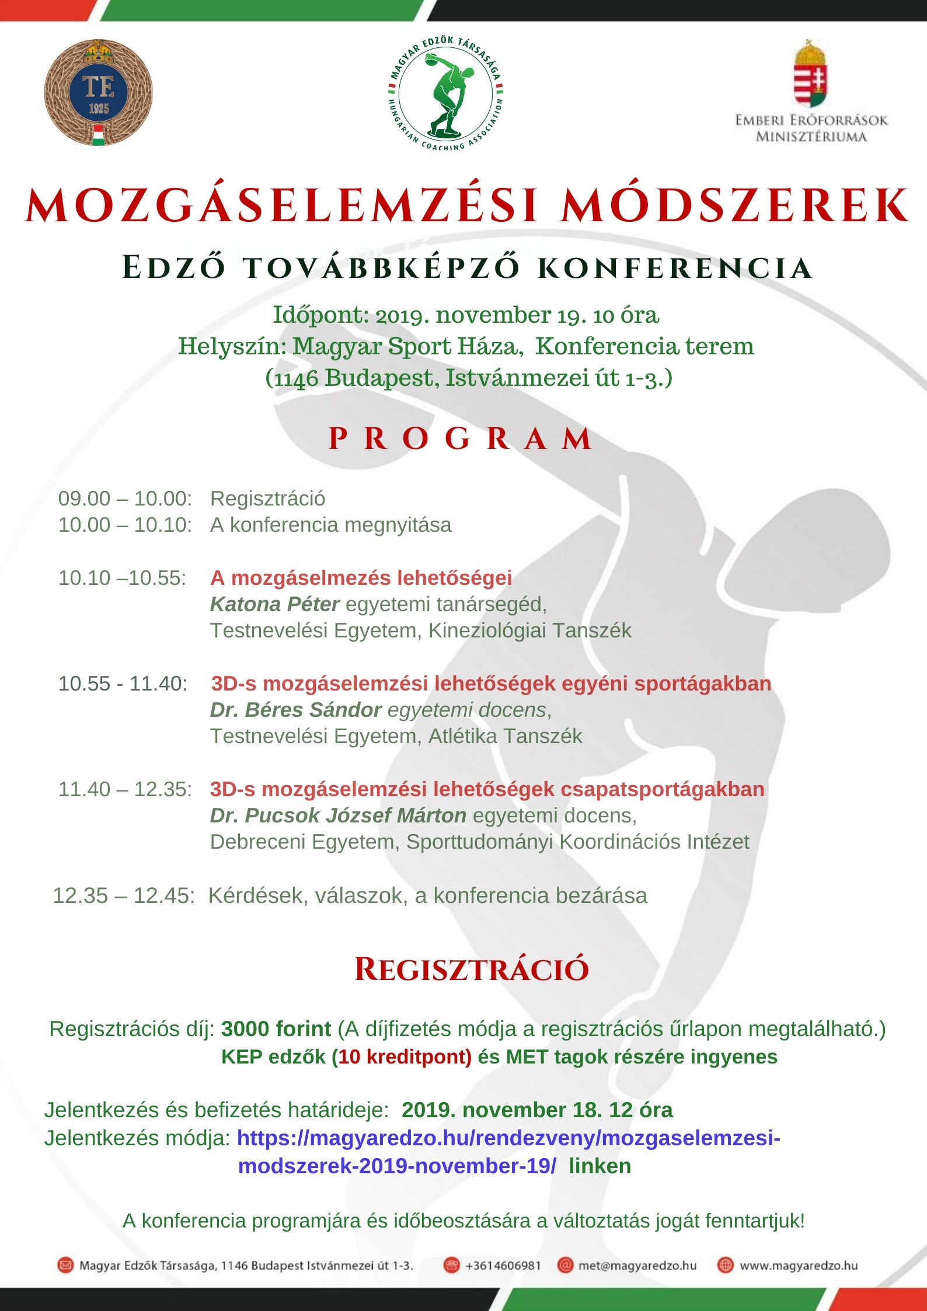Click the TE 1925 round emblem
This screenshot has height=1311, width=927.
click(98, 92)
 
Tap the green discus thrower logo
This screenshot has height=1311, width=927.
click(445, 93)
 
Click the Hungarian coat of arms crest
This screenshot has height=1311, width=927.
click(811, 75)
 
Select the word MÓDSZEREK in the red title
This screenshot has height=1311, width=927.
click(734, 206)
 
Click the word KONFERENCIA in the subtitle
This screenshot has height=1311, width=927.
click(674, 268)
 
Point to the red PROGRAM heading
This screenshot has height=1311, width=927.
click(461, 438)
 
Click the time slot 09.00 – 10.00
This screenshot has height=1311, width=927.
click(125, 498)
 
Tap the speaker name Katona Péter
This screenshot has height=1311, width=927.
click(274, 604)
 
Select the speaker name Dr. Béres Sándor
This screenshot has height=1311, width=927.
click(295, 710)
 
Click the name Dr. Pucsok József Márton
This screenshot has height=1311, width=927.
click(338, 815)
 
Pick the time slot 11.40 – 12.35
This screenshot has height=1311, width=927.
click(125, 789)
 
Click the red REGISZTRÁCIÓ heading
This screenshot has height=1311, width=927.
click(472, 970)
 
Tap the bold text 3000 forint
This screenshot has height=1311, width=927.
click(276, 1028)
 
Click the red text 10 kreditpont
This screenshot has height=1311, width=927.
click(405, 1057)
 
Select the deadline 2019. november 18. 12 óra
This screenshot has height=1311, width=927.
click(537, 1110)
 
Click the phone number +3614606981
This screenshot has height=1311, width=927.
click(503, 1265)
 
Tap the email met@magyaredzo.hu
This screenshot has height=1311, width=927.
click(637, 1265)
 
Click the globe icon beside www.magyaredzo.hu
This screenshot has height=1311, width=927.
click(725, 1265)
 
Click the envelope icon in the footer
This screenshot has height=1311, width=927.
click(65, 1265)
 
